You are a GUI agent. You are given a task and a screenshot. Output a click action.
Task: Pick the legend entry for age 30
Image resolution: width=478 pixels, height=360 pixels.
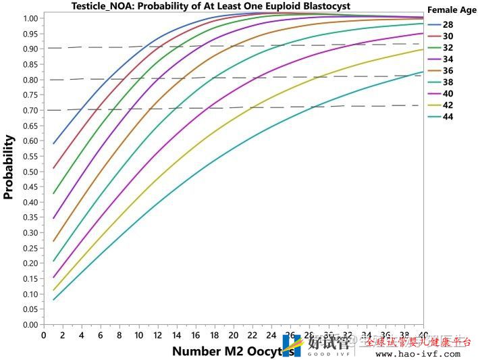point(447,35)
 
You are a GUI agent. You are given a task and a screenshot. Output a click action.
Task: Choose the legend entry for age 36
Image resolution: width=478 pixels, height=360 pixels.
point(447,70)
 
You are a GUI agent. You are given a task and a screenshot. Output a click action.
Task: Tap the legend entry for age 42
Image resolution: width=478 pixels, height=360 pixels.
point(447,105)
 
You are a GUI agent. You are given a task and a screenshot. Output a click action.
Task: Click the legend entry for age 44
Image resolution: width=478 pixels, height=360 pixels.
point(447,117)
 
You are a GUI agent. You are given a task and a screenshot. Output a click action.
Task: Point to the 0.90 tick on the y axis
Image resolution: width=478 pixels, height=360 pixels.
point(30,49)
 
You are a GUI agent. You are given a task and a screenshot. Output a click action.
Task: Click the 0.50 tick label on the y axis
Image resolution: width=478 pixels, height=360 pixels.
point(30,172)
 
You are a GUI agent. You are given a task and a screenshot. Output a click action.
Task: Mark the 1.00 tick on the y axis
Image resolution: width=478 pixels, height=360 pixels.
point(30,18)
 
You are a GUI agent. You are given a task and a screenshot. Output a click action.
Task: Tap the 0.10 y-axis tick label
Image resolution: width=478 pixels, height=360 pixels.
point(30,294)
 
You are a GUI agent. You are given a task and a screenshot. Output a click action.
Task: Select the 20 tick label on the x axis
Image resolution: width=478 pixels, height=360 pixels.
point(234,335)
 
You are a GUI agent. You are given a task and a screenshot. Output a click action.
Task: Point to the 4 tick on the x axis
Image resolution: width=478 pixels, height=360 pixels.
point(82,335)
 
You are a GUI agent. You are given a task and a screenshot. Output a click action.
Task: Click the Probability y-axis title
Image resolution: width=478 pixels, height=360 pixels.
point(9,167)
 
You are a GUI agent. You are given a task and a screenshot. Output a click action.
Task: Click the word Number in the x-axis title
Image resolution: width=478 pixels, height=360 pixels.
point(196,351)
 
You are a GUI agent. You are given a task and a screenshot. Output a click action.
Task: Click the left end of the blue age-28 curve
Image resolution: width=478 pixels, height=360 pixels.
point(53,143)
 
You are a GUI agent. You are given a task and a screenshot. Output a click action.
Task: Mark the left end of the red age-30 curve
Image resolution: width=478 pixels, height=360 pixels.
point(53,168)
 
